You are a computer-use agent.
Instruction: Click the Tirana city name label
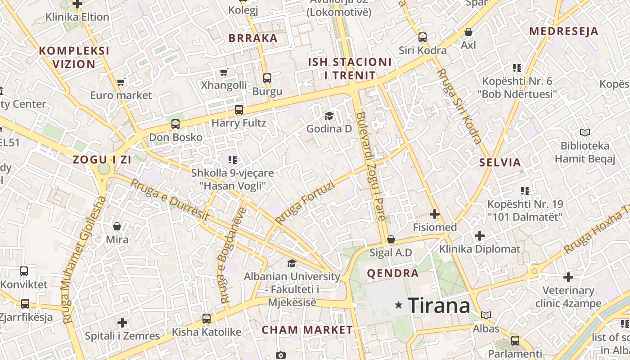coord(439,306)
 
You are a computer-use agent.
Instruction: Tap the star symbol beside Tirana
coord(398,305)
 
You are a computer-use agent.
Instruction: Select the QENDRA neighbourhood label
coord(392,273)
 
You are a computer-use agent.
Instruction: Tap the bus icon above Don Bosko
coord(175,124)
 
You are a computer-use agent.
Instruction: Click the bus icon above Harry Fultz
coord(238,109)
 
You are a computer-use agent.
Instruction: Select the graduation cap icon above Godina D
coord(329,116)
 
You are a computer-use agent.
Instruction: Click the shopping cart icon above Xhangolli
coord(224,72)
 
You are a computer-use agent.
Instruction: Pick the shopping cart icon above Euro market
coord(121,82)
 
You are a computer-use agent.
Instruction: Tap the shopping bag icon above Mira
coord(117,226)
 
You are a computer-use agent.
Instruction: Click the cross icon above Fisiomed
coord(434,214)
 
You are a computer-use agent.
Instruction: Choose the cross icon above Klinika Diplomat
coord(480,235)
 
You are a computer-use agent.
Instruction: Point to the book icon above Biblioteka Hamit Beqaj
coord(585,132)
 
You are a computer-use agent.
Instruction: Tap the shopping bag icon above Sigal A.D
coord(391,239)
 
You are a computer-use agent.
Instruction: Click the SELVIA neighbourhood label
coord(500,162)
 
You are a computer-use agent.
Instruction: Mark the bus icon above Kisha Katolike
coord(207,319)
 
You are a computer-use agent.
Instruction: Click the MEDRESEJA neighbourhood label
coord(563,31)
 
